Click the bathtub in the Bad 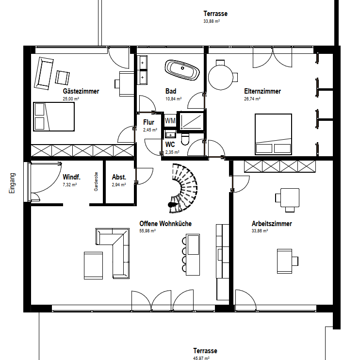182,70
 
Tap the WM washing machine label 170,120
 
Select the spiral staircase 183,188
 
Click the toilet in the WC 185,140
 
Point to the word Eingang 12,183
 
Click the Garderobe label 96,181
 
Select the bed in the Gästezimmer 54,116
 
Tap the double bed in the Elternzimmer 273,134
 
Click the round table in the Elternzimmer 221,77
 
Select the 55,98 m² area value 147,231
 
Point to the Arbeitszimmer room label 272,224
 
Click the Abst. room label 119,177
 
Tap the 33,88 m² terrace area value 212,21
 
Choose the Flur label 148,122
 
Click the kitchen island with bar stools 191,254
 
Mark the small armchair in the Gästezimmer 62,78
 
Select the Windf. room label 71,177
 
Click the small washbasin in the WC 170,134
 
